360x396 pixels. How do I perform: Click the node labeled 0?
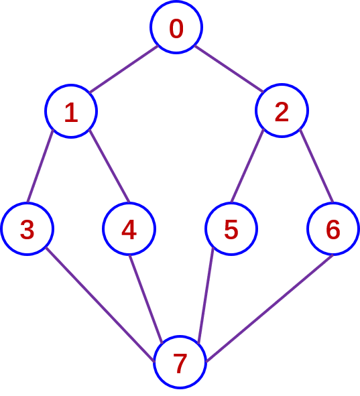176,27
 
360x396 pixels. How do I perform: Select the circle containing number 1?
71,111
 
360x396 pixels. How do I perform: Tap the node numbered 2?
282,111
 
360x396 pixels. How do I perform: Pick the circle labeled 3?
27,228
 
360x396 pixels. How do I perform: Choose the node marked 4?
129,228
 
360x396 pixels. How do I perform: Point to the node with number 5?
231,228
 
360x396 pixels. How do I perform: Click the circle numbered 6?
333,228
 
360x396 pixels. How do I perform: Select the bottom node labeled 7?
180,362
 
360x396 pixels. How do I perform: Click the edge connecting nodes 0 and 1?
124,69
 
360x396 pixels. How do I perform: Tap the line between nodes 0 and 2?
229,69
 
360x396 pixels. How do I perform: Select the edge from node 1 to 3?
40,166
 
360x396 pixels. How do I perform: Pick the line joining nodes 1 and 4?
109,166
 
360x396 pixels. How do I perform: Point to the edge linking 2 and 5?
247,166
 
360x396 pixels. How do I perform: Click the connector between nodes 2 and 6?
316,166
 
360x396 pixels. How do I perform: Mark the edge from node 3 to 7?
100,305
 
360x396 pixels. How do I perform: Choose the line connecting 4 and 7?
145,300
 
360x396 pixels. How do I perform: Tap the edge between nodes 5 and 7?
206,295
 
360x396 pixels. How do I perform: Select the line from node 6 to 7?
269,308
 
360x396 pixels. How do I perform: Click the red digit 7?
180,363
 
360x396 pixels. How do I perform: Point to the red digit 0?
176,29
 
